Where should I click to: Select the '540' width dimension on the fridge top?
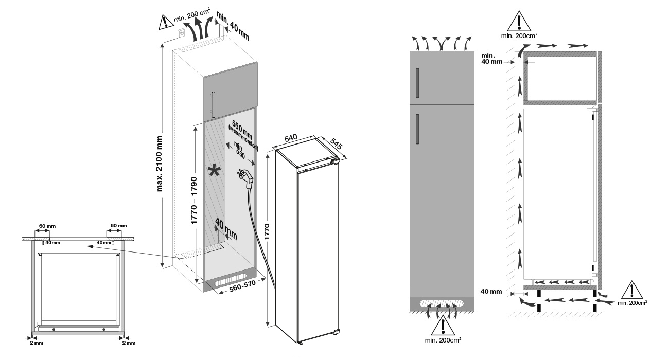291,138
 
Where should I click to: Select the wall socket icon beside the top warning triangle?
182,33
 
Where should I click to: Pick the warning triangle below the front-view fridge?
442,327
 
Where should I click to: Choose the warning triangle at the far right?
632,291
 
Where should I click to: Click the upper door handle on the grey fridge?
417,82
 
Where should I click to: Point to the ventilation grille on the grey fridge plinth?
441,304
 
